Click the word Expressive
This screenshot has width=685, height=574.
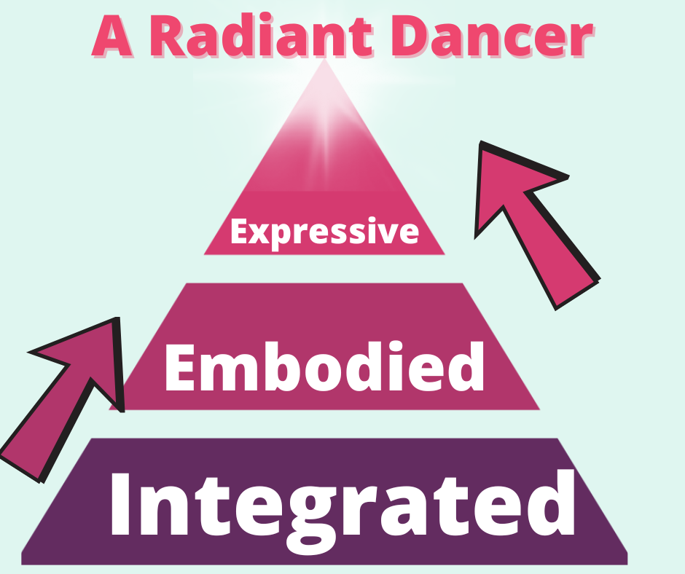(x=324, y=232)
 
